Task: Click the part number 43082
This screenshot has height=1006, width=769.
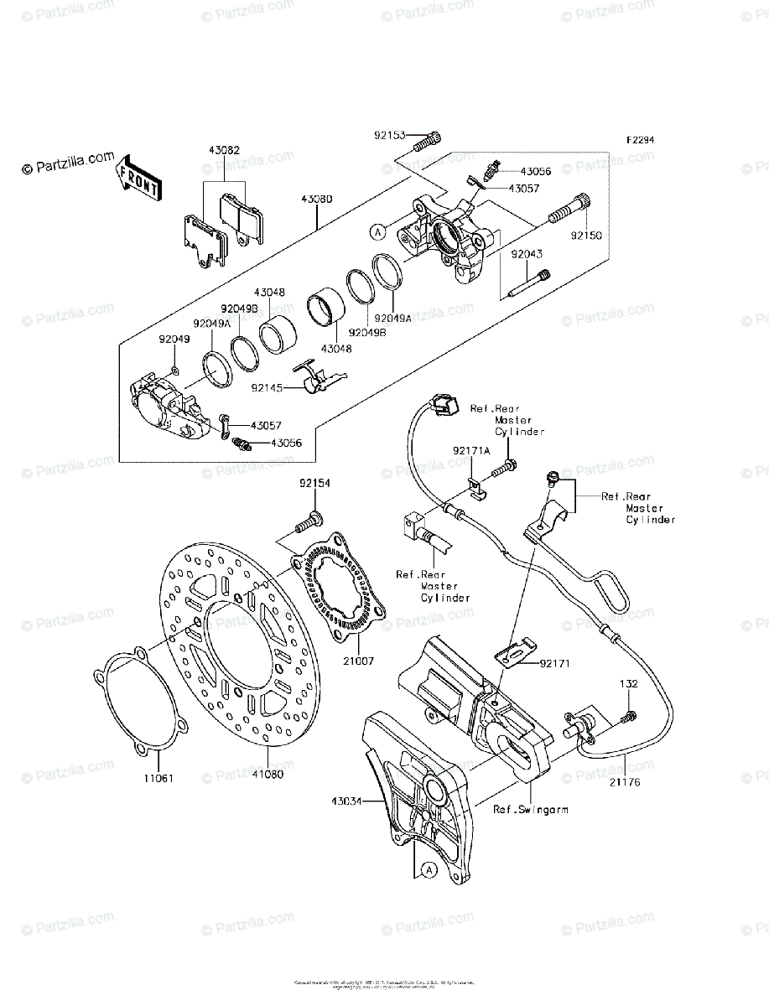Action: pyautogui.click(x=225, y=151)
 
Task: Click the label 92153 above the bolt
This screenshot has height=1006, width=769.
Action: pyautogui.click(x=390, y=134)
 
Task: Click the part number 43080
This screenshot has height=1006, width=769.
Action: pyautogui.click(x=317, y=200)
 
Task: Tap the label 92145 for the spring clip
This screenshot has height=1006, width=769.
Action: pyautogui.click(x=267, y=388)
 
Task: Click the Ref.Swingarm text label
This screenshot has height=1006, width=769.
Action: pyautogui.click(x=531, y=809)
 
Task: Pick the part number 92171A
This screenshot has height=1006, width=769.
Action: pyautogui.click(x=471, y=450)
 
